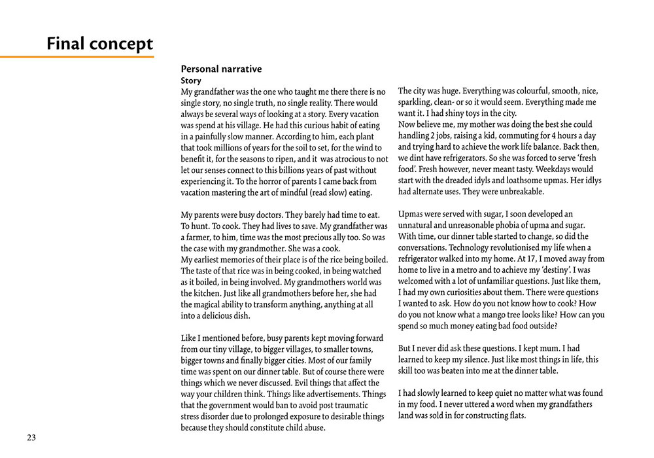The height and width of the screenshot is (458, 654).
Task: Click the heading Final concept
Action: click(99, 44)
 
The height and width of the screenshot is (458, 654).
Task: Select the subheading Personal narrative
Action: click(221, 69)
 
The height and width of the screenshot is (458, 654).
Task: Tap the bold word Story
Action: click(191, 80)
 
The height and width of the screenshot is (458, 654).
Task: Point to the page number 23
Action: click(31, 438)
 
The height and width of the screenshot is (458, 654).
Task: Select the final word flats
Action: click(515, 415)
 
